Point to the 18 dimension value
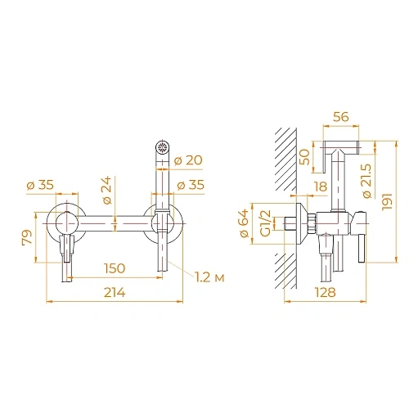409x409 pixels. point(319,187)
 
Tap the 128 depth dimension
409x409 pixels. point(326,293)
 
